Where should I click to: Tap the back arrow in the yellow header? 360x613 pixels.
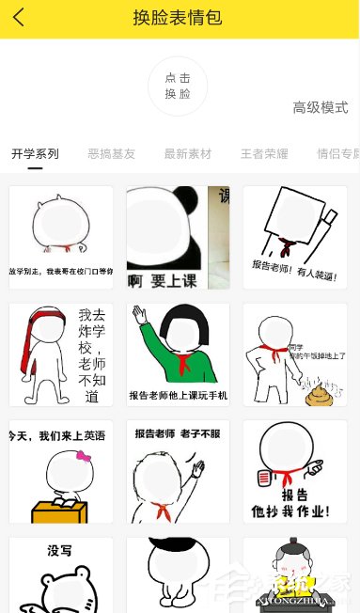pos(19,18)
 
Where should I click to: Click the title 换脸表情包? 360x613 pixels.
pos(179,18)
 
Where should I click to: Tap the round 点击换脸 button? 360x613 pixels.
pos(178,86)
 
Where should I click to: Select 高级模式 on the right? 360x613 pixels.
pos(320,107)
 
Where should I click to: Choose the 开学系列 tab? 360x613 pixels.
pos(35,154)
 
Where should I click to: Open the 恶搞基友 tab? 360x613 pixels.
pos(111,154)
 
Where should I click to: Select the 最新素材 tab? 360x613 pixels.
pos(188,154)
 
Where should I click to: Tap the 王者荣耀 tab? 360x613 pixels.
pos(264,154)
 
